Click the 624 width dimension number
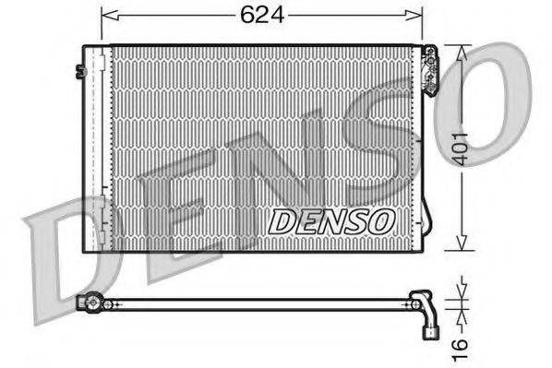[260, 15]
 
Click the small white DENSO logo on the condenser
[331, 220]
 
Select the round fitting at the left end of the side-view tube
[90, 302]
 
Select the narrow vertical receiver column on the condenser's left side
[96, 148]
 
